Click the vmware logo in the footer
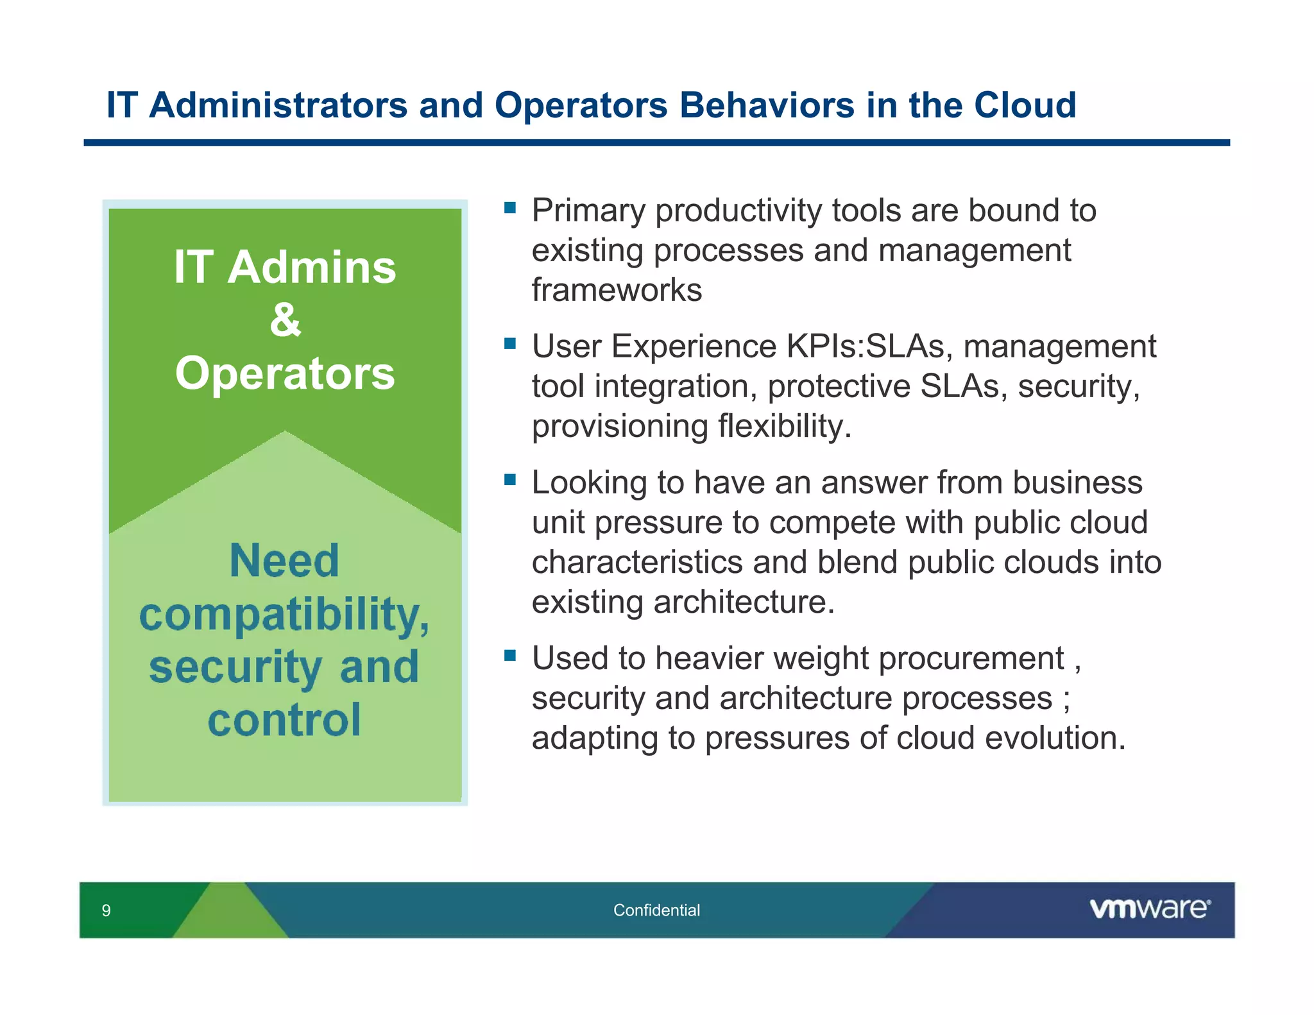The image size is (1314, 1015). [1150, 908]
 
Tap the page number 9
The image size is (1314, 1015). [107, 910]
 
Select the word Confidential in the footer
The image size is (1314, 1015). [656, 910]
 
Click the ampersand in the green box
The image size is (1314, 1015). [285, 320]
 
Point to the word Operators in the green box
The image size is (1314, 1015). [285, 373]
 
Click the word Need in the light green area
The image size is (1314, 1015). [284, 561]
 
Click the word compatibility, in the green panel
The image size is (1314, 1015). [284, 615]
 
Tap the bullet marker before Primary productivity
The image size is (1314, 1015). [510, 207]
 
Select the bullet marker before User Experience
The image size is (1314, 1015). [510, 343]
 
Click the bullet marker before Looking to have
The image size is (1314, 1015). [510, 479]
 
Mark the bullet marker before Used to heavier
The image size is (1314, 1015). [510, 655]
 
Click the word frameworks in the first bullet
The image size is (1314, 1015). [617, 290]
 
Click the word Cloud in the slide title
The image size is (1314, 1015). [1025, 105]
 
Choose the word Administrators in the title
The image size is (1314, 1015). [278, 105]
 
